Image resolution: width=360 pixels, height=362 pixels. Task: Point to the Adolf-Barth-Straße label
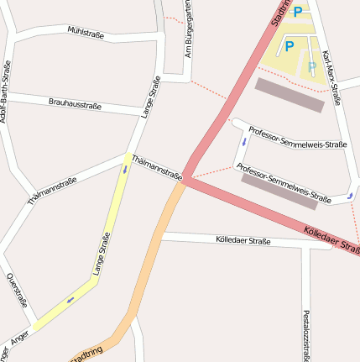click(5, 92)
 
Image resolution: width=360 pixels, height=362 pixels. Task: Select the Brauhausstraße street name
click(75, 104)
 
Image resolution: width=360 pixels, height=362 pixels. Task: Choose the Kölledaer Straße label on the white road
click(243, 241)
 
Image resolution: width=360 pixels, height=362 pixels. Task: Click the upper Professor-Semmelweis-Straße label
click(297, 137)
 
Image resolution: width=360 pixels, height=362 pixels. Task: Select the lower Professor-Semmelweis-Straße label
click(284, 183)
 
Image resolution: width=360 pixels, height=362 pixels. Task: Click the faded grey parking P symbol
click(312, 66)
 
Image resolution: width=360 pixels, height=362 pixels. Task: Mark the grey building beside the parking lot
click(289, 95)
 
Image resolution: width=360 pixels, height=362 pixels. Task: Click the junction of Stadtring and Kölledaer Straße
click(186, 178)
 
